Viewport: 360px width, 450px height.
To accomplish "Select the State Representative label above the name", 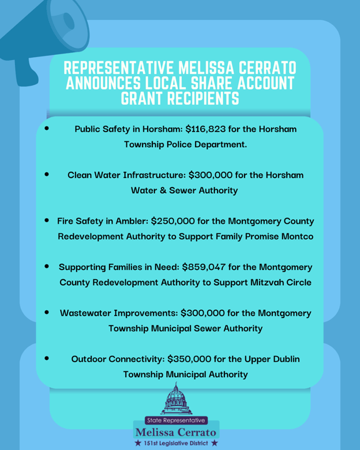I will coord(176,421).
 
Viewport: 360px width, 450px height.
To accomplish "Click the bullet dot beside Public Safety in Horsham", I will coord(46,127).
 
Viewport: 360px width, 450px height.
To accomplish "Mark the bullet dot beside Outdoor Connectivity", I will coord(46,358).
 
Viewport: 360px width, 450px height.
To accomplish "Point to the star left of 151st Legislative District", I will coord(137,443).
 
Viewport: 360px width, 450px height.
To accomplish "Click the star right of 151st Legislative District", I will coord(215,443).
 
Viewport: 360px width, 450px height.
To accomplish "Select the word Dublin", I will coord(282,359).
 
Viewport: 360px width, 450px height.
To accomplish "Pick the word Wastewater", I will coord(88,313).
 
